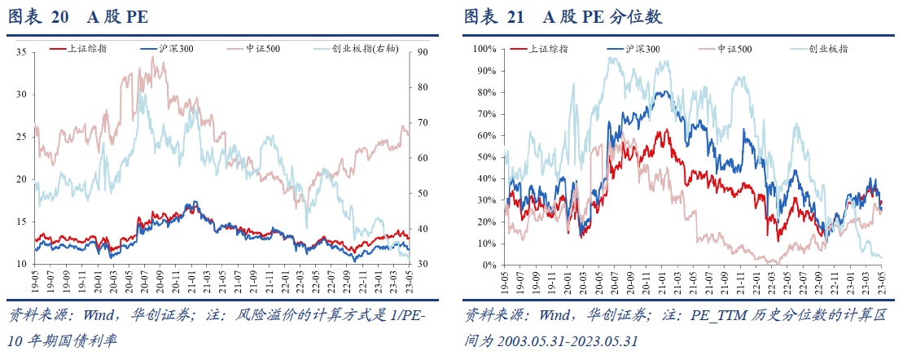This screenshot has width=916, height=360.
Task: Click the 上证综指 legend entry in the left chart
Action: [86, 49]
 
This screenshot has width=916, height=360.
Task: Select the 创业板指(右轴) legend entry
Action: [363, 49]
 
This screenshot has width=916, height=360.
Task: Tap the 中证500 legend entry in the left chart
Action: [265, 49]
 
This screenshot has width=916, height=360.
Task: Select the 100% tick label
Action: [484, 49]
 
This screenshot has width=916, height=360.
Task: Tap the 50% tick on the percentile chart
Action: [486, 157]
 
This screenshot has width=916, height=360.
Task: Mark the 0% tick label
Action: [489, 265]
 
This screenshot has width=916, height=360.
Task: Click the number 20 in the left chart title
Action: [59, 16]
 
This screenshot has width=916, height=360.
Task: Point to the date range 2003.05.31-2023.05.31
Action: [567, 340]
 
